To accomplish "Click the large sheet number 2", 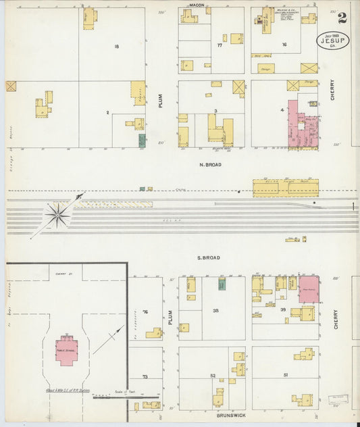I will coord(342,18).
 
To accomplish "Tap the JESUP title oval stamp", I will coord(333,41).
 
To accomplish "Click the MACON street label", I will coord(197,5).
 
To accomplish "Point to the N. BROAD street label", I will coord(210,164).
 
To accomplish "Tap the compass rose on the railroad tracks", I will coord(58,216).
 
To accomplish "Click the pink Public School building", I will coord(66,350).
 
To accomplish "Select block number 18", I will coord(117,47).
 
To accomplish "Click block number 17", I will coord(220,45).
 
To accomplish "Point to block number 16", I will coord(284,45).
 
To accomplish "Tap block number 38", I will coord(216,311).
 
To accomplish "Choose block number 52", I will coord(213,376).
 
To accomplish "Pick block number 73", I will coord(145,376).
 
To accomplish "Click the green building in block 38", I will coord(222,284).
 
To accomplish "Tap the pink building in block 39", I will coord(309,288).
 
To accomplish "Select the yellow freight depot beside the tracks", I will coord(285,187).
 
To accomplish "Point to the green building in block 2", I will coord(142,140).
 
